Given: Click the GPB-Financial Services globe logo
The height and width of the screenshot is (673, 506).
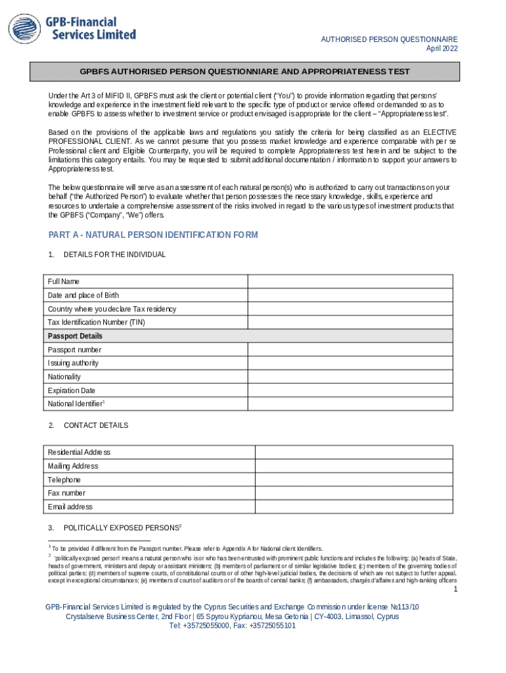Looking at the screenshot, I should (24, 30).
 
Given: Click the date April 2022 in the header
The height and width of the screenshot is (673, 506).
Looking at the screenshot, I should (442, 49).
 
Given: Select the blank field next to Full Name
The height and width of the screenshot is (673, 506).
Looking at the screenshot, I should (350, 281).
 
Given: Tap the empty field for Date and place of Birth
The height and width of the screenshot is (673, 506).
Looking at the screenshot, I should (350, 295).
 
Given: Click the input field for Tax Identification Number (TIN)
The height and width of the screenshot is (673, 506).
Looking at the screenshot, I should (350, 322).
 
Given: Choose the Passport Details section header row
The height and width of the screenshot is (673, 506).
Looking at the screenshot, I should (248, 336).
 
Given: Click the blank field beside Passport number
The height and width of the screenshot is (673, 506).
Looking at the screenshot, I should (350, 350).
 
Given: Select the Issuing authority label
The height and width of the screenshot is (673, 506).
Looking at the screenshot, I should (73, 363).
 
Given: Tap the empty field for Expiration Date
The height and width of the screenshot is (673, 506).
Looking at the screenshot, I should (350, 390).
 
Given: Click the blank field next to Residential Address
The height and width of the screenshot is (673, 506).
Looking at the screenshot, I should (354, 452).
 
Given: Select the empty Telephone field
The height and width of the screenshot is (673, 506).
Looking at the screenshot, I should (354, 480).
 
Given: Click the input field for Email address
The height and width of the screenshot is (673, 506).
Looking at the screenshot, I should (354, 507).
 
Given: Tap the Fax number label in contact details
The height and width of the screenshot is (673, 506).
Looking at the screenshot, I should (66, 493).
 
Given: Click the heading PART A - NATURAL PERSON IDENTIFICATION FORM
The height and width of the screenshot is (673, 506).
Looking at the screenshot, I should (153, 235).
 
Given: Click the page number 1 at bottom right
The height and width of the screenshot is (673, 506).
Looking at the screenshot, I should (454, 590).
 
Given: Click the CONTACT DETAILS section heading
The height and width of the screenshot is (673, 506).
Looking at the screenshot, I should (96, 425).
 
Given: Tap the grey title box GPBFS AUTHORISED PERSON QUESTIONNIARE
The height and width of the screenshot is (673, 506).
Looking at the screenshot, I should (244, 72).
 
